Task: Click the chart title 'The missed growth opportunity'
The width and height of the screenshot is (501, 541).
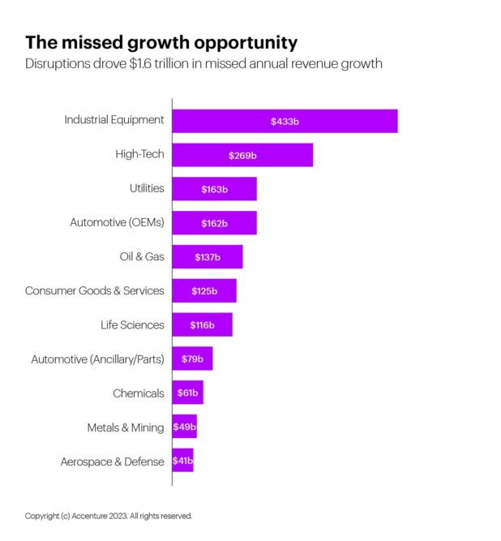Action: (x=161, y=42)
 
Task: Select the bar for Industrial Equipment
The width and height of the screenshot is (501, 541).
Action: (x=285, y=121)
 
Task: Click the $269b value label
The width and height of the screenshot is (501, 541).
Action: (x=242, y=155)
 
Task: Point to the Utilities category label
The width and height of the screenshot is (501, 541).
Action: (x=146, y=188)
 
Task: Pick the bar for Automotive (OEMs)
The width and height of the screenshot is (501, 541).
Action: (x=214, y=223)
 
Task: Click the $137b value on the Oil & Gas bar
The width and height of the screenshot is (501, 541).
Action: (x=208, y=257)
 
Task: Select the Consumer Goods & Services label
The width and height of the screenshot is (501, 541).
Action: (x=94, y=290)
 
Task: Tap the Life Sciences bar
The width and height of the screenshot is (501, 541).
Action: (x=202, y=325)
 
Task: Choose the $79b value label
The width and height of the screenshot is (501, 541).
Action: (x=192, y=359)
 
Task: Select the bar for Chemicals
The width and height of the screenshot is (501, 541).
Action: (x=187, y=393)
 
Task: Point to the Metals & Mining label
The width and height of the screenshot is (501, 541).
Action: (x=125, y=427)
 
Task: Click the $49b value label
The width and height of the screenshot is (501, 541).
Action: (x=184, y=427)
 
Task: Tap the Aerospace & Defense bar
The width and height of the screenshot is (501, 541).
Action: (x=182, y=462)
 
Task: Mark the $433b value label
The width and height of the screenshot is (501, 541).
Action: (x=285, y=121)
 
